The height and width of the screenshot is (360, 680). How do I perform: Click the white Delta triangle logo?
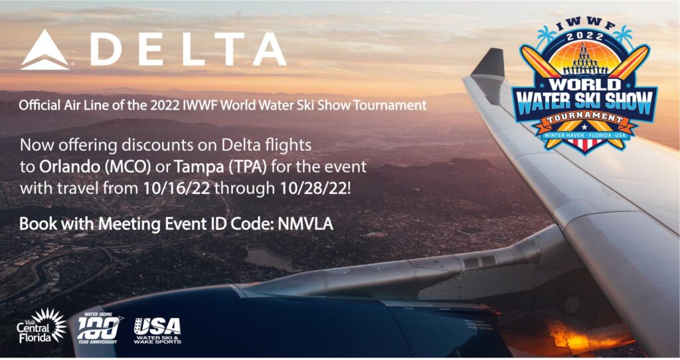pyautogui.click(x=44, y=50)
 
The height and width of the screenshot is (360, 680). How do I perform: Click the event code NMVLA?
pyautogui.click(x=305, y=223)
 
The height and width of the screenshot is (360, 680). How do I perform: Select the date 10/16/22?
pyautogui.click(x=175, y=188)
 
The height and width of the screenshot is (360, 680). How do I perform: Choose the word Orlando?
pyautogui.click(x=69, y=167)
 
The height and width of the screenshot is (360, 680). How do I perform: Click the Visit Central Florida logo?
pyautogui.click(x=42, y=325)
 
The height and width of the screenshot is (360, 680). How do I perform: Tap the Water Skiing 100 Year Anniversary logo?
pyautogui.click(x=100, y=328)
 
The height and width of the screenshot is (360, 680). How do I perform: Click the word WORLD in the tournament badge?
pyautogui.click(x=585, y=84)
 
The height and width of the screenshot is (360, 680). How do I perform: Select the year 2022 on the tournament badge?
pyautogui.click(x=585, y=37)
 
